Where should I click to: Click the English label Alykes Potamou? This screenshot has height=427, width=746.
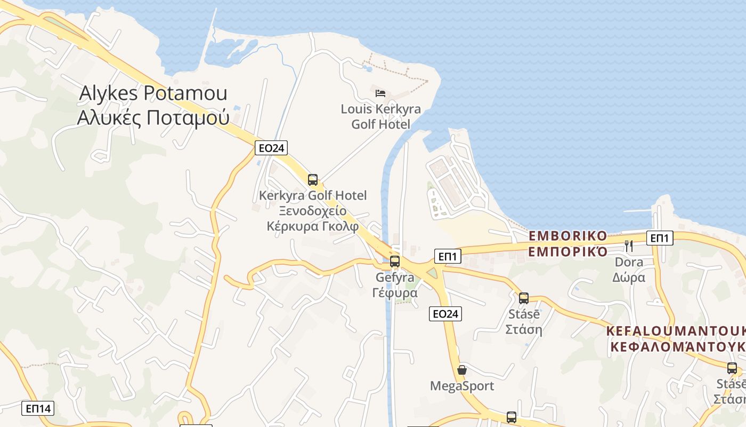click(x=153, y=93)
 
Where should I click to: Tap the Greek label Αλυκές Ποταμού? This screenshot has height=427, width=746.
click(x=153, y=117)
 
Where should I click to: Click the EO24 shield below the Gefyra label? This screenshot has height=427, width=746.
click(x=445, y=314)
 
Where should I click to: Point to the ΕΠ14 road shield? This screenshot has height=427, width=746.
click(x=38, y=409)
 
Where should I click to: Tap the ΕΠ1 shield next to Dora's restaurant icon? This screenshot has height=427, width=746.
click(x=659, y=238)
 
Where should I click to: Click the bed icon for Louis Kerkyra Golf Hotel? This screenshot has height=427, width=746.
click(x=380, y=93)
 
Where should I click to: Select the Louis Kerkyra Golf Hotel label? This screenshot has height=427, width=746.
click(x=380, y=117)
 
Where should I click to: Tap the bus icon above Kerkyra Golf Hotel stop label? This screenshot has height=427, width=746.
click(x=313, y=180)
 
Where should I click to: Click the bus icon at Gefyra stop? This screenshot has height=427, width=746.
click(x=394, y=262)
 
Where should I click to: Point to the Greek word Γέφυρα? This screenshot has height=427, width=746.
click(x=394, y=293)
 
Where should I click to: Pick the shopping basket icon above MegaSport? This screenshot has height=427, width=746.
click(x=462, y=369)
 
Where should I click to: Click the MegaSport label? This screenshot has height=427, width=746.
click(x=462, y=386)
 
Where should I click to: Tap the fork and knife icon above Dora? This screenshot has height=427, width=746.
click(x=629, y=246)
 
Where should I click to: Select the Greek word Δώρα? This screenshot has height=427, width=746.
click(x=629, y=278)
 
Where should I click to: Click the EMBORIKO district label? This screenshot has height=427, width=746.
click(x=567, y=236)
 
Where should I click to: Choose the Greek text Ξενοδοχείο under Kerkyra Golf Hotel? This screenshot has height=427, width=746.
click(x=312, y=210)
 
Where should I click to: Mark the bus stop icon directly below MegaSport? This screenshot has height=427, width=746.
click(x=512, y=417)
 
